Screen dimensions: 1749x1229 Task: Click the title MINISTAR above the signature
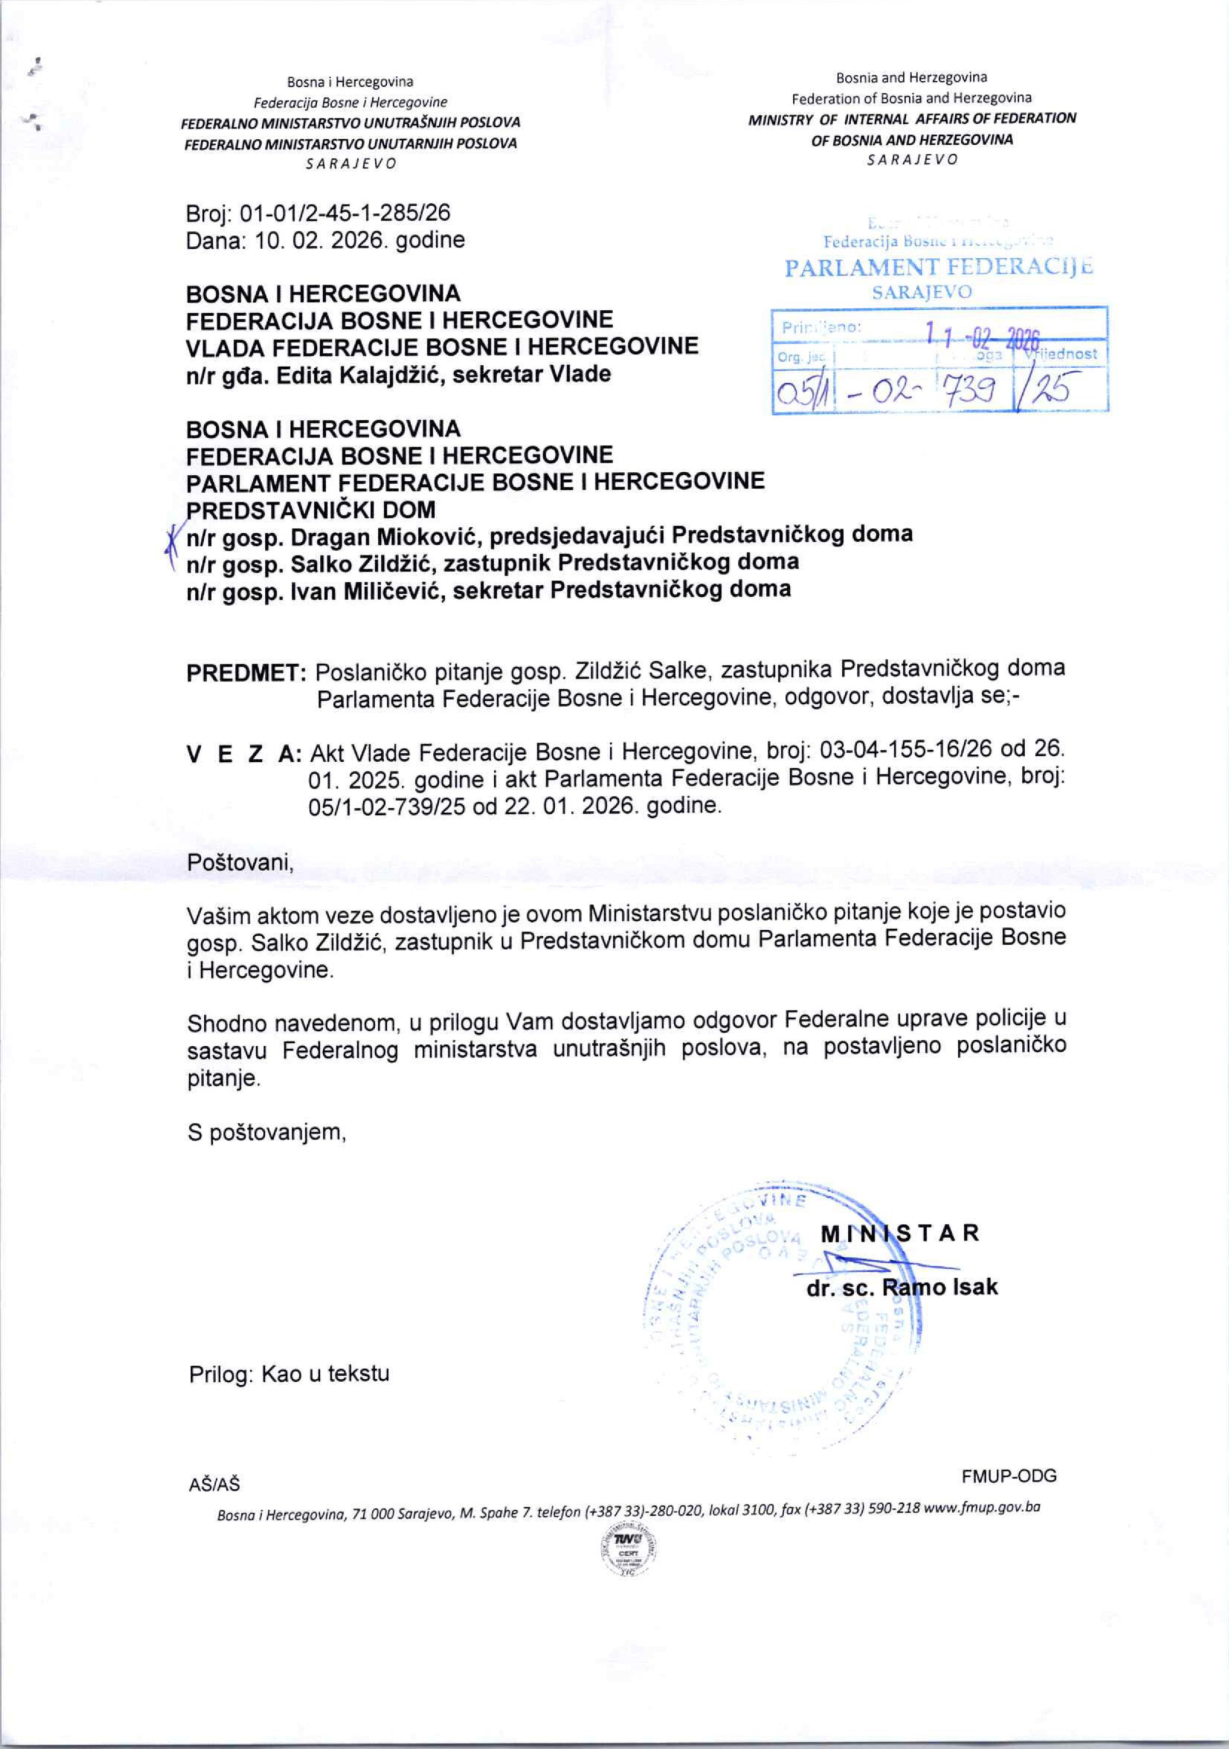tap(899, 1233)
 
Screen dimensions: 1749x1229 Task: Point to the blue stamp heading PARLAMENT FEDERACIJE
tap(938, 267)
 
